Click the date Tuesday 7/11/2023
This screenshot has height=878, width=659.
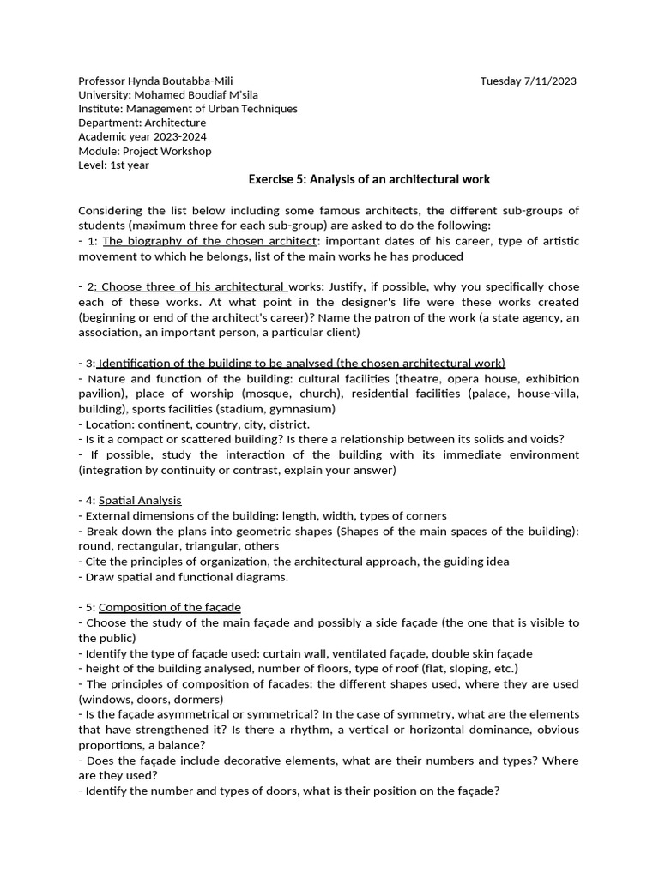528,81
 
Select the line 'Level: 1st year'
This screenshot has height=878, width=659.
113,165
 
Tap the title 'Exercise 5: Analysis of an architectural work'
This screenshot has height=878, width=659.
369,180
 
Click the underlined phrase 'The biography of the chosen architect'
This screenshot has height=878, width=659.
209,241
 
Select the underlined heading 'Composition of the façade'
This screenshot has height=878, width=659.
170,608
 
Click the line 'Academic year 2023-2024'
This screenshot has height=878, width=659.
142,137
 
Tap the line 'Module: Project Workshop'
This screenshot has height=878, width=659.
144,151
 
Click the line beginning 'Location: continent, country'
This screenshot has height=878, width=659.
194,424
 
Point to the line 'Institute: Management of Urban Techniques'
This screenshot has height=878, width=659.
188,109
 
